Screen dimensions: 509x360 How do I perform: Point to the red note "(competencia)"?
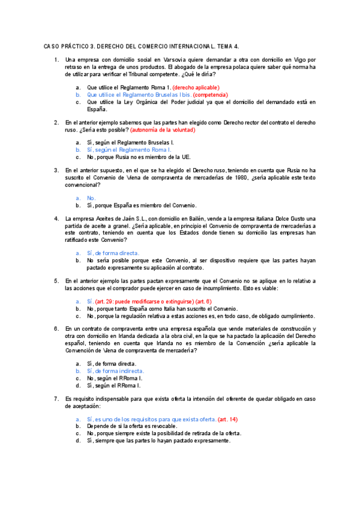211,95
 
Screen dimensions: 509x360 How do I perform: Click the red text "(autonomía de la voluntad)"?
163,130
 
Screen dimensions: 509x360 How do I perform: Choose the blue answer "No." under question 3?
91,198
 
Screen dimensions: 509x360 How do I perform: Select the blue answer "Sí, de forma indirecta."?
115,371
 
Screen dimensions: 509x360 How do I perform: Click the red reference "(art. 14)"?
227,419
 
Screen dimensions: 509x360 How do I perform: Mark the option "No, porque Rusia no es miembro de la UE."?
139,157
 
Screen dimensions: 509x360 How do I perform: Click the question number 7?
56,399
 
